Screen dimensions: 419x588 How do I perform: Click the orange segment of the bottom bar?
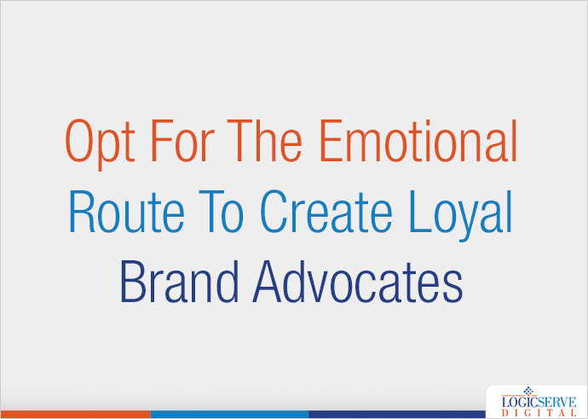coord(75,415)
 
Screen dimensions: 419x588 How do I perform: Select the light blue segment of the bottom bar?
coord(228,415)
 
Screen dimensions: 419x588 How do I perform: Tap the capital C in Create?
coord(274,213)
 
